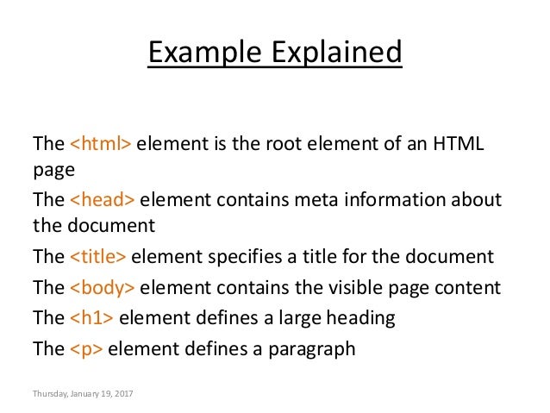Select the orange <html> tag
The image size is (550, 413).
100,142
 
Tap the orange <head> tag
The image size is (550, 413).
102,201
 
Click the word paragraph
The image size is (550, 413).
313,349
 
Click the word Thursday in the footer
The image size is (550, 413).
49,393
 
